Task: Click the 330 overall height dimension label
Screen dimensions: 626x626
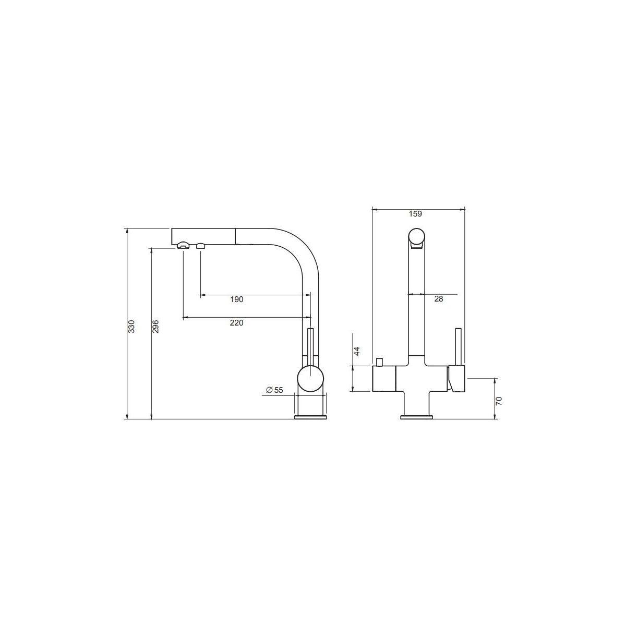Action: pos(131,327)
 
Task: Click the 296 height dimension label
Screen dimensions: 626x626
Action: pos(155,326)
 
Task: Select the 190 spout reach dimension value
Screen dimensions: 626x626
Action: pos(237,299)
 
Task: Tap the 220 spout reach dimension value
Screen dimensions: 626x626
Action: pos(236,323)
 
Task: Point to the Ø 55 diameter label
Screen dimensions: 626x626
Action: pos(274,390)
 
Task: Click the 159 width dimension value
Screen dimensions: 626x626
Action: pos(415,214)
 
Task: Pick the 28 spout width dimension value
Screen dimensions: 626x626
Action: pos(439,299)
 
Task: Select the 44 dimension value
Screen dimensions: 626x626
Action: pos(357,351)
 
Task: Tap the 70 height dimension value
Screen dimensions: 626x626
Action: pos(499,401)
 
